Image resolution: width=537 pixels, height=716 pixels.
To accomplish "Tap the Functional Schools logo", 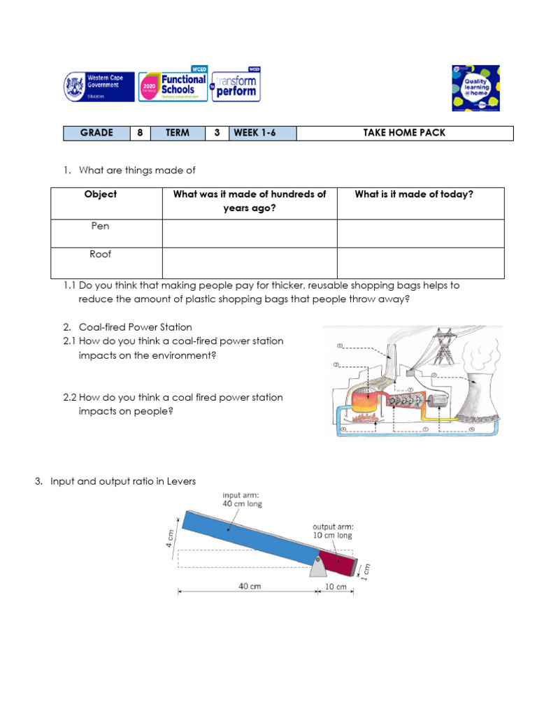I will (173, 87).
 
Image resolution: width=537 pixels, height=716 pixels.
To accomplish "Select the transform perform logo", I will (236, 87).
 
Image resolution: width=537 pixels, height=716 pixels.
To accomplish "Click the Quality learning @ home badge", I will (475, 87).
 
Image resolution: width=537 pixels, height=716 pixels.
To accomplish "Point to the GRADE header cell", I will (96, 133).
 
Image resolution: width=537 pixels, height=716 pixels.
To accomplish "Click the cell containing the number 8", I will (140, 133).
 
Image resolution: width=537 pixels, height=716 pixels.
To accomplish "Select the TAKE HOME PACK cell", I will (404, 133).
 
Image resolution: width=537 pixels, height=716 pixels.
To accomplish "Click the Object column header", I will (100, 194).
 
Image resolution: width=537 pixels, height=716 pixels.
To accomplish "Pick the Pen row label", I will (100, 227).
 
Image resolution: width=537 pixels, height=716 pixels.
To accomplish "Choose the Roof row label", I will (100, 255).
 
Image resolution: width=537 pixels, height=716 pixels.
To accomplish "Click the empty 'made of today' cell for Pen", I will (420, 233).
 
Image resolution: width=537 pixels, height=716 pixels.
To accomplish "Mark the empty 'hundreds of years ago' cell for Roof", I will (250, 262).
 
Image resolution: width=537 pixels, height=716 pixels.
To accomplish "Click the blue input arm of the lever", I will (245, 536).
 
